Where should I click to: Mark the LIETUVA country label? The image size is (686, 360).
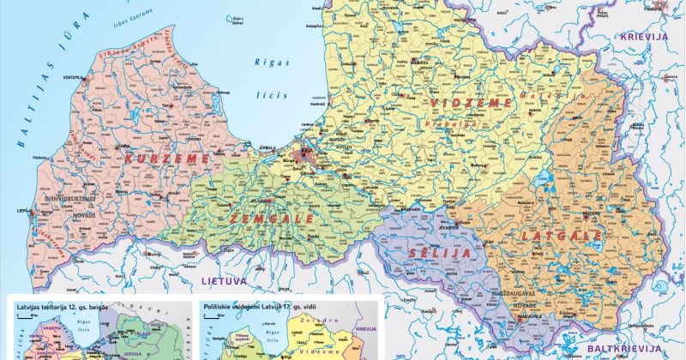[x=224, y=280]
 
